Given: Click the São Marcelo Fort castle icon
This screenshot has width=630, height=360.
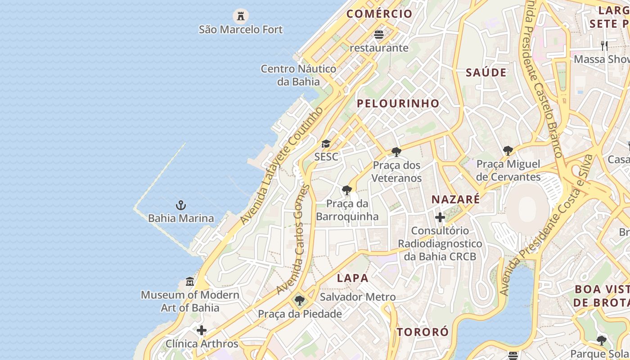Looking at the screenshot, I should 241,16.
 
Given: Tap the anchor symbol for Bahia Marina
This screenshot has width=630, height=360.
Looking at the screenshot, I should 180,206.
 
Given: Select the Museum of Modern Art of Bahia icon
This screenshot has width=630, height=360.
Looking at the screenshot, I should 190,282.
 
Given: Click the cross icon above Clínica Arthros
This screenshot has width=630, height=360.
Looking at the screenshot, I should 202,331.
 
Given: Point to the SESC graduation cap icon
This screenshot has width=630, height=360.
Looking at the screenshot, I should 326,144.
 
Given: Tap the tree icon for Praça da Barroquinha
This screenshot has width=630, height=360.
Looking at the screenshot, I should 346,190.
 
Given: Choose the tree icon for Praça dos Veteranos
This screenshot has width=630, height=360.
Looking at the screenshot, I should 396,152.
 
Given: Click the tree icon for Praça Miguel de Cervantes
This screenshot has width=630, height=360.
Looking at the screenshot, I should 508,151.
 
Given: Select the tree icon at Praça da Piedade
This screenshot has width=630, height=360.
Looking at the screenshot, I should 300,301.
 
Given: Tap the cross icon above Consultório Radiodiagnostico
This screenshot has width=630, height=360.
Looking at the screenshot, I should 440,218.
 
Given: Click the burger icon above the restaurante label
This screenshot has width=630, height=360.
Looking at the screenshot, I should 379,35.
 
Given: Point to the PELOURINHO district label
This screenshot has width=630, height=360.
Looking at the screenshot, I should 398,103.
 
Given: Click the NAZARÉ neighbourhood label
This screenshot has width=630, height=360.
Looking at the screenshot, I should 455,199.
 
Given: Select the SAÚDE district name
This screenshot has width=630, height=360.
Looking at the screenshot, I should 486,72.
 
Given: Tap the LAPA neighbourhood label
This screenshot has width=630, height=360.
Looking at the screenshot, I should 353,278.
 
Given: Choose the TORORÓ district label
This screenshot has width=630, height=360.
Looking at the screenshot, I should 423,332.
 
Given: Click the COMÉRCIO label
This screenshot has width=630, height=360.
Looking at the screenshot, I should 379,13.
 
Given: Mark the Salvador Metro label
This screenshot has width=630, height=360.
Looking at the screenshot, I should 358,297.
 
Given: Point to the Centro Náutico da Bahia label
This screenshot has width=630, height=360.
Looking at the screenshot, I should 299,75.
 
